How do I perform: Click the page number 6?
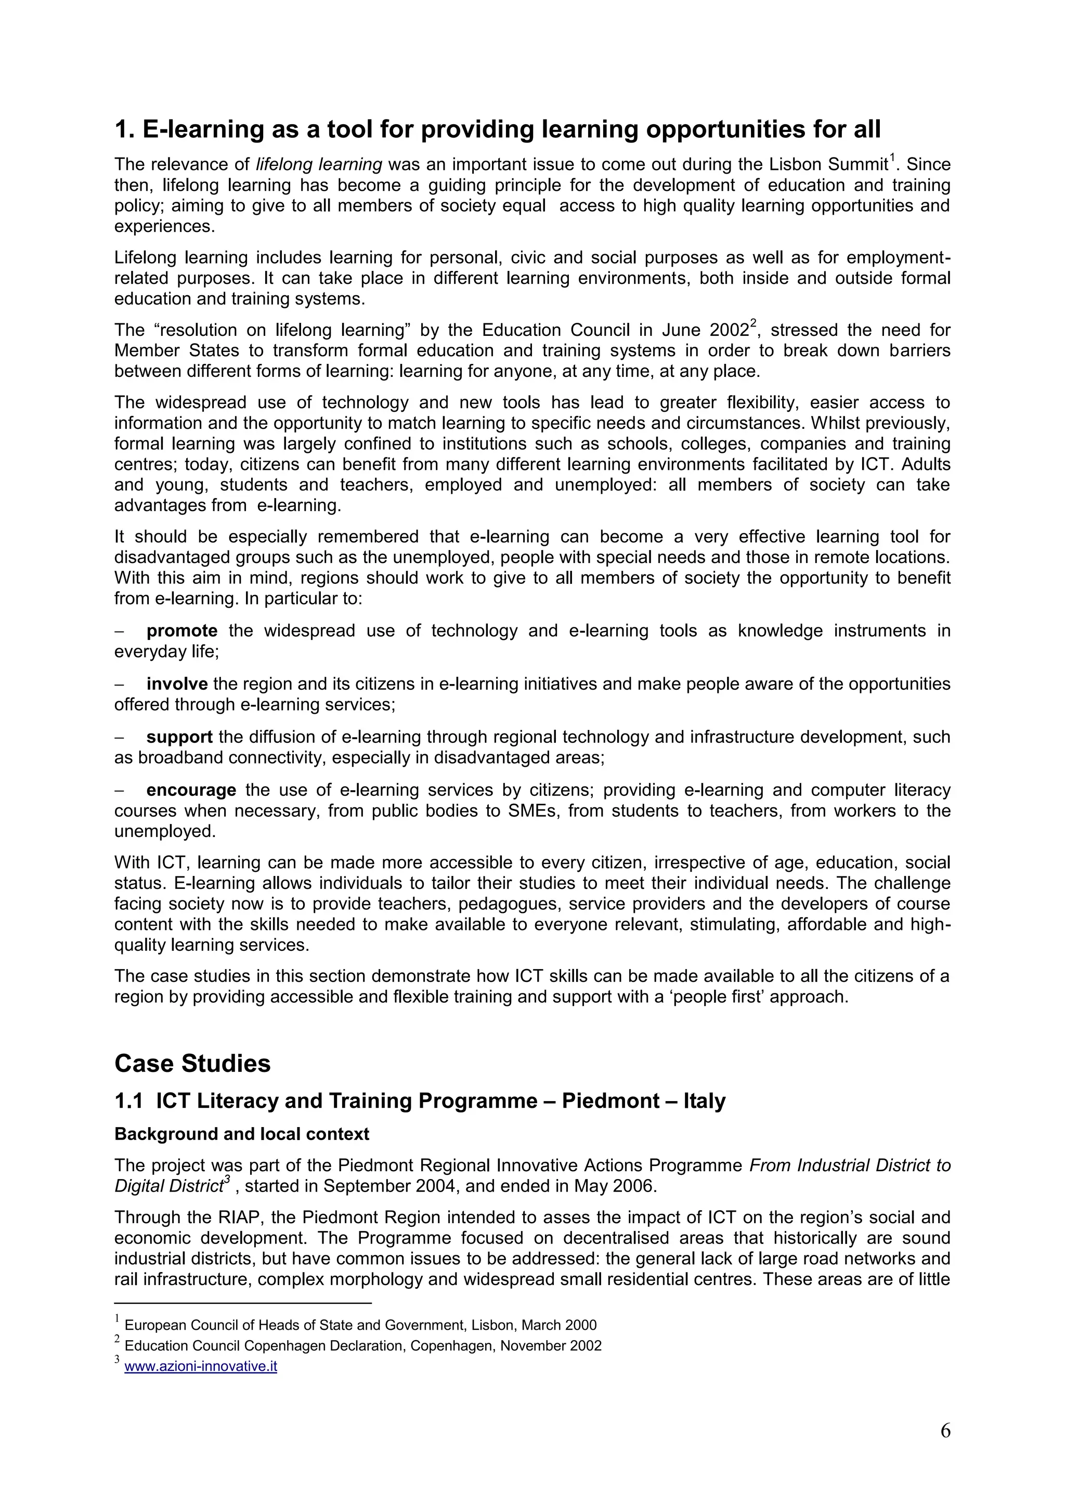coord(945,1431)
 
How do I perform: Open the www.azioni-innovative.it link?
coord(200,1367)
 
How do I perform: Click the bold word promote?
coord(182,631)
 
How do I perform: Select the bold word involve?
coord(177,684)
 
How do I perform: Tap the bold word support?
coord(179,737)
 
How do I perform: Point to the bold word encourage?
coord(191,790)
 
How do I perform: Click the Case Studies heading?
coord(192,1063)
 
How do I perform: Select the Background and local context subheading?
coord(241,1134)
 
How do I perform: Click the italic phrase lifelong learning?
coord(319,164)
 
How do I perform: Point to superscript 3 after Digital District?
coord(227,1180)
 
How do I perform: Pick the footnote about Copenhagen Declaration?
coord(362,1346)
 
